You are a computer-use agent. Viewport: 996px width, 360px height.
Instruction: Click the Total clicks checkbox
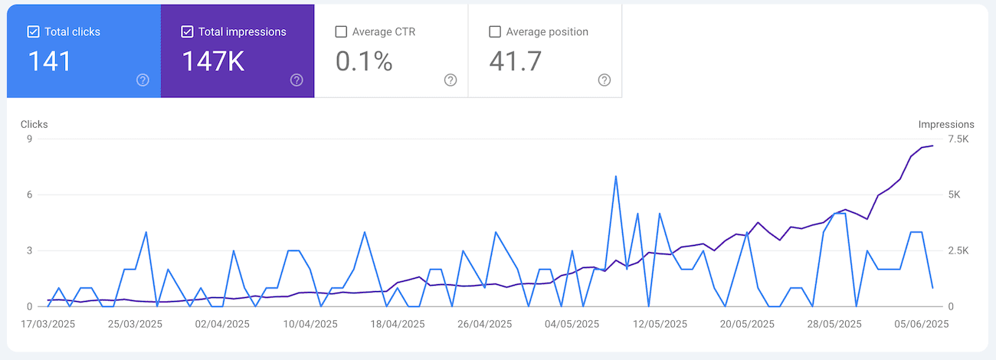(x=33, y=32)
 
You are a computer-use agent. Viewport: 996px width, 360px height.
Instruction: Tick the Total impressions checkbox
(x=187, y=32)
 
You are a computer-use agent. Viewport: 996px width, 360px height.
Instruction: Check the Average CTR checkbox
(x=341, y=32)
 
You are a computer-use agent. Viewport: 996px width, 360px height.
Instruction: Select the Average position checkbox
(x=495, y=32)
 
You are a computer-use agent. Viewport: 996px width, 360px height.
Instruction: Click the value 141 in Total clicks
(x=50, y=61)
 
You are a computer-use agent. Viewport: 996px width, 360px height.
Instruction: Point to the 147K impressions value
(x=213, y=61)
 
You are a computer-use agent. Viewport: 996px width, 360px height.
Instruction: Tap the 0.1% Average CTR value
(x=364, y=61)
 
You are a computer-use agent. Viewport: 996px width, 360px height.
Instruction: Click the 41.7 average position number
(x=519, y=61)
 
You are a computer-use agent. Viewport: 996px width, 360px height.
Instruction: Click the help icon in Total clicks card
(x=143, y=80)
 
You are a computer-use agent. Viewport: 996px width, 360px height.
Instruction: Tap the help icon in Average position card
(x=604, y=80)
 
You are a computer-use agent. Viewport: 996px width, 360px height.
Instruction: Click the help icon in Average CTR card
(x=450, y=80)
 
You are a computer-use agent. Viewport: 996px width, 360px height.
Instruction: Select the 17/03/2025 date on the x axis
(x=48, y=324)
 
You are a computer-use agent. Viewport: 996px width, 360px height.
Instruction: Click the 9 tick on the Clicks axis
(x=28, y=139)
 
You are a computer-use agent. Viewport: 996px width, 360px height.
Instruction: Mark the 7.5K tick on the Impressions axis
(x=958, y=139)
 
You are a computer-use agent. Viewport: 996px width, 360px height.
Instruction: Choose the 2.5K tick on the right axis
(x=958, y=250)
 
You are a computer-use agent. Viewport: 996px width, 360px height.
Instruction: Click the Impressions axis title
(x=946, y=124)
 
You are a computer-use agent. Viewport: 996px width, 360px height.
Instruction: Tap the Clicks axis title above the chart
(x=34, y=124)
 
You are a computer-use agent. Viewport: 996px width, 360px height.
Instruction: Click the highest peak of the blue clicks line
(x=616, y=176)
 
